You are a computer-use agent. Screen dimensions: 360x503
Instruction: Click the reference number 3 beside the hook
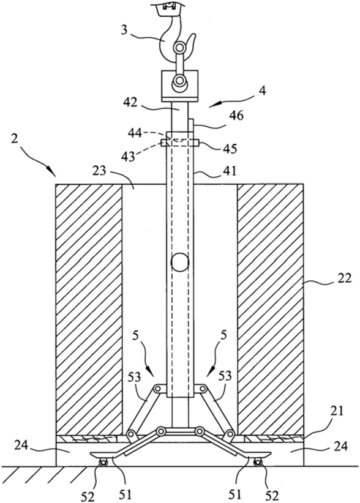pyautogui.click(x=125, y=30)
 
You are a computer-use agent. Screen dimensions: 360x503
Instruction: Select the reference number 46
pyautogui.click(x=236, y=115)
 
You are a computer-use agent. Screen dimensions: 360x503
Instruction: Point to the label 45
pyautogui.click(x=230, y=149)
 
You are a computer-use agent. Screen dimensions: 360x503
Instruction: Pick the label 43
pyautogui.click(x=128, y=157)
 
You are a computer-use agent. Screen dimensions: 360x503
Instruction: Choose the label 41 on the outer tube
pyautogui.click(x=229, y=171)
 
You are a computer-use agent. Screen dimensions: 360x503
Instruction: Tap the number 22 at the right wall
pyautogui.click(x=344, y=277)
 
